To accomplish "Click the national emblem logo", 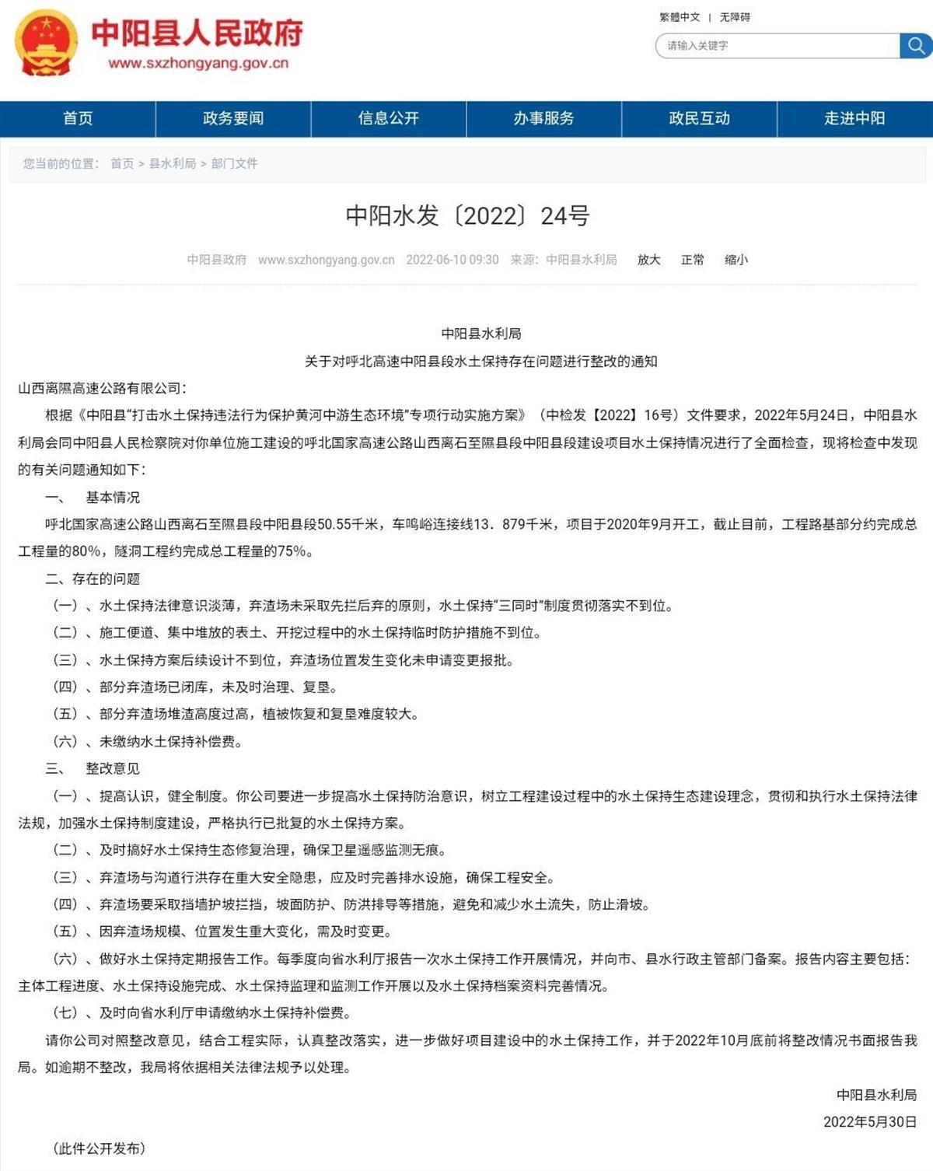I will click(46, 43).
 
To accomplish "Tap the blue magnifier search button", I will click(916, 46).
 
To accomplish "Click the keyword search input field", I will click(777, 46).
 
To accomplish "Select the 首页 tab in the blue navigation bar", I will click(78, 118).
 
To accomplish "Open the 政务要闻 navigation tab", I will click(233, 118).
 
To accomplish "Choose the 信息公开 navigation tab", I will click(389, 118).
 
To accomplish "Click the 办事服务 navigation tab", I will click(543, 118).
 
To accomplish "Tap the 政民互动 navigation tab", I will click(699, 118).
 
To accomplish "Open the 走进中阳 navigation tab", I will click(854, 118).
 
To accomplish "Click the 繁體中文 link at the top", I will click(680, 17).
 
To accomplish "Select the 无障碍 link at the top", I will click(735, 17).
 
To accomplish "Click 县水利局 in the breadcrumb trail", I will click(173, 163).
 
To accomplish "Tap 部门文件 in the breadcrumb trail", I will click(234, 163).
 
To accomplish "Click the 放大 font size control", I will click(648, 260).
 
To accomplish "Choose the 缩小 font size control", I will click(736, 260).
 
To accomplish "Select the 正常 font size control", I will click(692, 260).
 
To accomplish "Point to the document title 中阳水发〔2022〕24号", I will click(467, 215).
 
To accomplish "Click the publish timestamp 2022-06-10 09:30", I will click(452, 260).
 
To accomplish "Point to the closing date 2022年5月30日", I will click(870, 1121).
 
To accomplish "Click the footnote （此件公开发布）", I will click(99, 1148).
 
